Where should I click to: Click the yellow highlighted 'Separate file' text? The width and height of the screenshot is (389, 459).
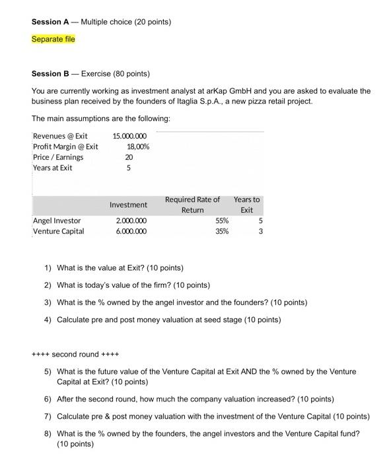tap(53, 40)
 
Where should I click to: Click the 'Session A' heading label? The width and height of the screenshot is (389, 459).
tap(50, 22)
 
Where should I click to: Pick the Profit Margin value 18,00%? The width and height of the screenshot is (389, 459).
tap(137, 147)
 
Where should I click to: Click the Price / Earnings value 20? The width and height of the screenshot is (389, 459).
tap(128, 157)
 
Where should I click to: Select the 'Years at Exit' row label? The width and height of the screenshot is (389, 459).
tap(53, 168)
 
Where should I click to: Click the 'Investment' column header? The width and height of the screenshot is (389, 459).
tap(128, 205)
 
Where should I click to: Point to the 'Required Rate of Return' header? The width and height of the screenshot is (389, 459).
tap(192, 205)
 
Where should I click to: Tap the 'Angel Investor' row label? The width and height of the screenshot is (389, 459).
tap(57, 221)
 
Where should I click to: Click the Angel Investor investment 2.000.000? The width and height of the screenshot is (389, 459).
tap(131, 221)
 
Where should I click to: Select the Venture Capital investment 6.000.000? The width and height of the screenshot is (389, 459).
tap(131, 231)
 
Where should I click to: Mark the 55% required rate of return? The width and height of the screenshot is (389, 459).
tap(222, 221)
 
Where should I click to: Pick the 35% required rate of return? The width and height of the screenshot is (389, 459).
tap(222, 231)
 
